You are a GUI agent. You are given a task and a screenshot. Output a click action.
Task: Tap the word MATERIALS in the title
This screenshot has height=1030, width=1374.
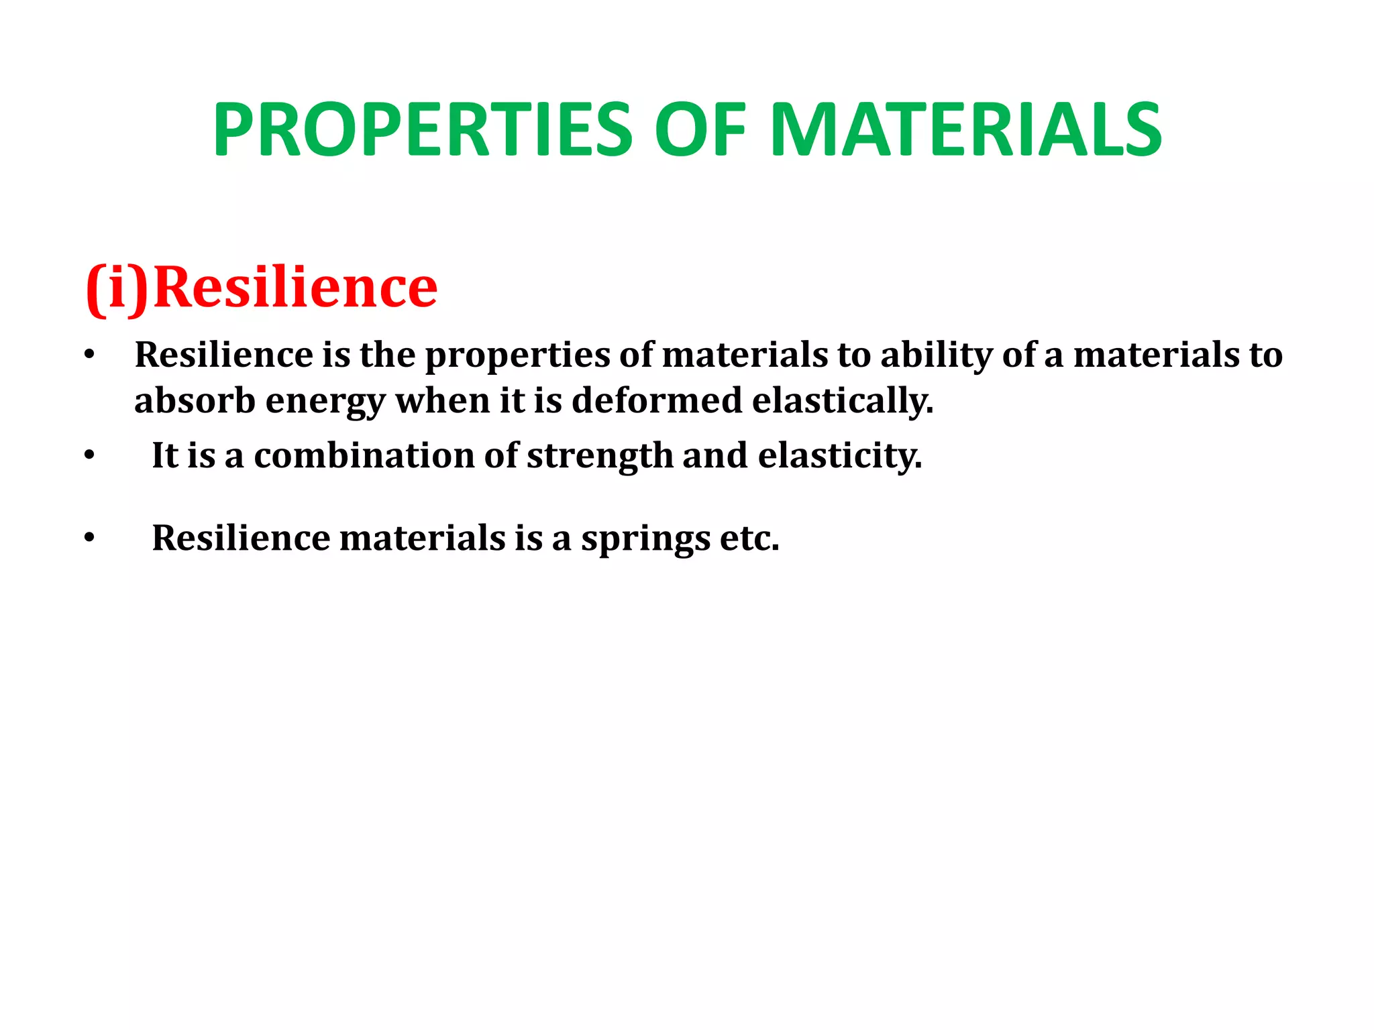point(966,130)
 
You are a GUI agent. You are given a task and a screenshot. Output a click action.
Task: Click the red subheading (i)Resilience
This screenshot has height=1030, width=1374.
point(262,287)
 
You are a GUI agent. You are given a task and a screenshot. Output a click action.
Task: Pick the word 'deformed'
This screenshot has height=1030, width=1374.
point(657,400)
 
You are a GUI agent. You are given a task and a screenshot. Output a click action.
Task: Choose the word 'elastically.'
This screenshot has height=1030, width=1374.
point(843,401)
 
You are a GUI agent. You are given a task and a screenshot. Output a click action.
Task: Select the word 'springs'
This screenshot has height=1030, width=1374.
point(645,539)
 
